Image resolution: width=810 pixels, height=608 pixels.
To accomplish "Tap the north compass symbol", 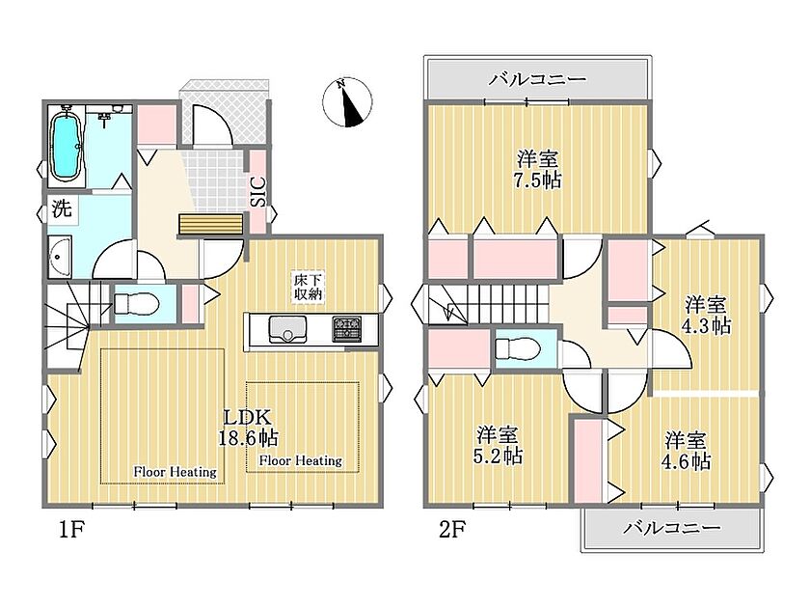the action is pyautogui.click(x=347, y=102).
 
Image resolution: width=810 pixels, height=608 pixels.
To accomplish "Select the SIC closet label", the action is pyautogui.click(x=258, y=192).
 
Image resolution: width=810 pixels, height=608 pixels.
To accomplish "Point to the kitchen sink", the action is pyautogui.click(x=287, y=329).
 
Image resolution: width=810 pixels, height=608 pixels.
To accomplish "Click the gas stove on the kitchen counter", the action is pyautogui.click(x=347, y=329).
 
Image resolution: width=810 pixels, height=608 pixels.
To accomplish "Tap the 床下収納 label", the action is pyautogui.click(x=309, y=288).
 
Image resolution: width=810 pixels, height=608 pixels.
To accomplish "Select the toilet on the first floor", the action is pyautogui.click(x=135, y=304).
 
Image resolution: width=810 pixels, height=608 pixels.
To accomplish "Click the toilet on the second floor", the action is pyautogui.click(x=517, y=348).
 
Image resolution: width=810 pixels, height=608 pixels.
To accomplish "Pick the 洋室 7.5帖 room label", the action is pyautogui.click(x=538, y=170).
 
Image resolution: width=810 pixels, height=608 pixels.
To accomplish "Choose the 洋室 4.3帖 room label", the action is pyautogui.click(x=707, y=316).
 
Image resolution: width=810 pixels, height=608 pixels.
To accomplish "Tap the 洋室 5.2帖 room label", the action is pyautogui.click(x=499, y=446).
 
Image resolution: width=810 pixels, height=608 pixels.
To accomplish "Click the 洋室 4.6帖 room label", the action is pyautogui.click(x=686, y=451).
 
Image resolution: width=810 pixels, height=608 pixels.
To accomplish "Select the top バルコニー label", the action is pyautogui.click(x=538, y=79).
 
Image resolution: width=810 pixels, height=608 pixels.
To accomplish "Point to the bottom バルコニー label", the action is pyautogui.click(x=671, y=528).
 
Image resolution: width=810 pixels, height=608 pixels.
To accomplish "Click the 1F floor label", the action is pyautogui.click(x=70, y=530).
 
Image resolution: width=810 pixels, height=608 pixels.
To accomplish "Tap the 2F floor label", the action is pyautogui.click(x=452, y=530).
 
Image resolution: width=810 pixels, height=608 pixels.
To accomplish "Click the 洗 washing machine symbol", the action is pyautogui.click(x=63, y=210).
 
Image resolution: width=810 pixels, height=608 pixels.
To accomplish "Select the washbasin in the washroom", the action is pyautogui.click(x=59, y=257).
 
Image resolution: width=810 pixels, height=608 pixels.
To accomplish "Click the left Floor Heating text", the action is pyautogui.click(x=175, y=472).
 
